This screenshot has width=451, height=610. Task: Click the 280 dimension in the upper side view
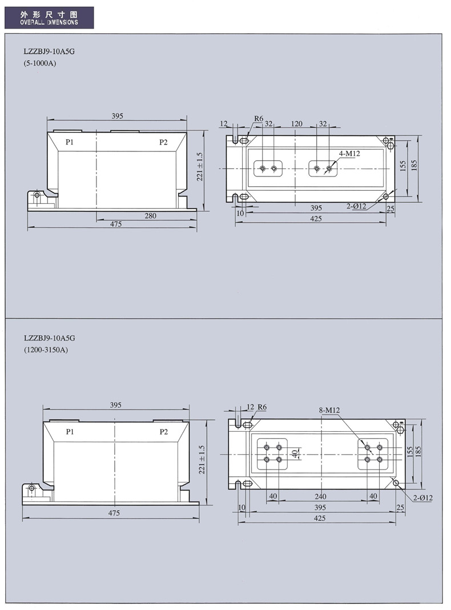pyautogui.click(x=151, y=216)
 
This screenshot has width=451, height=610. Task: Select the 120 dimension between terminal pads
pyautogui.click(x=296, y=123)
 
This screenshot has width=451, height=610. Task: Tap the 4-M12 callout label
pyautogui.click(x=349, y=154)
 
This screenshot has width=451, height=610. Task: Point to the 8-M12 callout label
pyautogui.click(x=329, y=410)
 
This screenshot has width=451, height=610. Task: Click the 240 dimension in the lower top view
pyautogui.click(x=320, y=496)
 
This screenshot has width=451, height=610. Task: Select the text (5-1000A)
pyautogui.click(x=40, y=63)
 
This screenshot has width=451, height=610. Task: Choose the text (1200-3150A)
pyautogui.click(x=46, y=350)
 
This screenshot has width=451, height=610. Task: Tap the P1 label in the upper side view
pyautogui.click(x=69, y=142)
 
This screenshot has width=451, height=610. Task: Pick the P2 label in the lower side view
pyautogui.click(x=164, y=432)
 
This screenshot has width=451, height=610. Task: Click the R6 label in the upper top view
pyautogui.click(x=259, y=119)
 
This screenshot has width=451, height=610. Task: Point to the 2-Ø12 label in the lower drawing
pyautogui.click(x=422, y=497)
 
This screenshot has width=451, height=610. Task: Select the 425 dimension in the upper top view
pyautogui.click(x=316, y=218)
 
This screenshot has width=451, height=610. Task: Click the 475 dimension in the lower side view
pyautogui.click(x=114, y=513)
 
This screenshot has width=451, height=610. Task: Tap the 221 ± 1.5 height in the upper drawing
pyautogui.click(x=200, y=166)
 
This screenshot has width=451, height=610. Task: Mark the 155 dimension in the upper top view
pyautogui.click(x=403, y=166)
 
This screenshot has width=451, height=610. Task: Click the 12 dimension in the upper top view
pyautogui.click(x=223, y=123)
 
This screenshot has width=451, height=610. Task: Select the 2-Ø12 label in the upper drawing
pyautogui.click(x=357, y=206)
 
